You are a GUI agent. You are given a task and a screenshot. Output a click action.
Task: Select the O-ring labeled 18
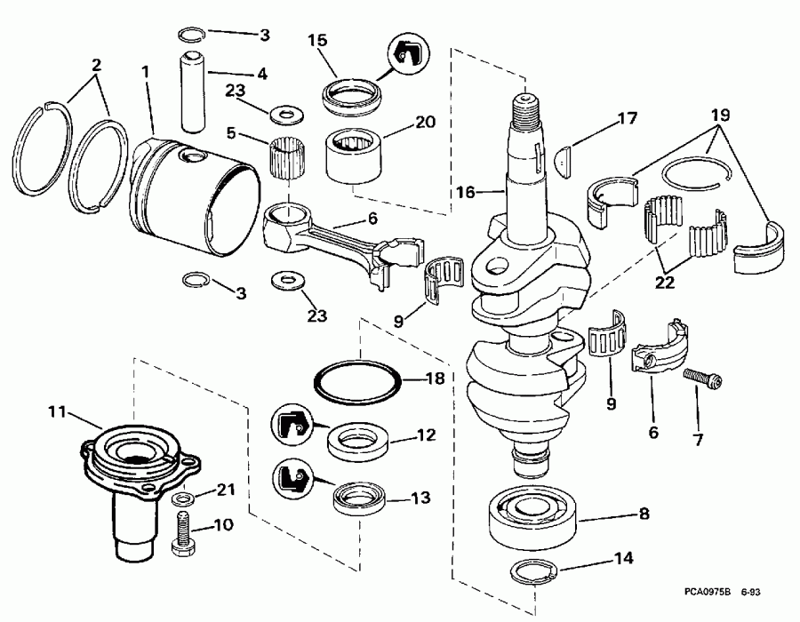[358, 379]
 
